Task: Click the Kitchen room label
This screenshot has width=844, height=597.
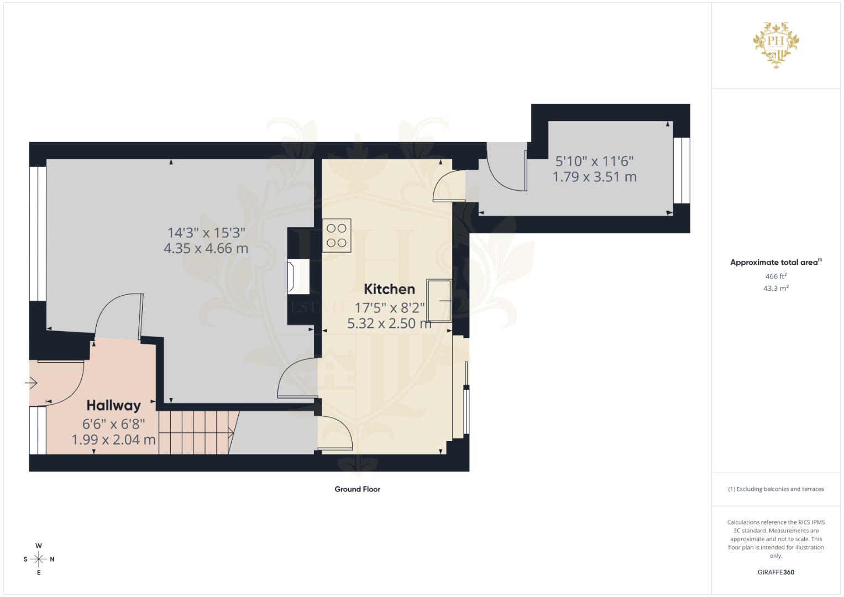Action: click(x=389, y=289)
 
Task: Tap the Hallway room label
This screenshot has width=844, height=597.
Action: click(x=113, y=406)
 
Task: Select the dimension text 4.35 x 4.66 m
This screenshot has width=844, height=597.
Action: click(x=206, y=248)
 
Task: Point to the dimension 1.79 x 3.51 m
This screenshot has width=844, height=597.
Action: click(x=595, y=177)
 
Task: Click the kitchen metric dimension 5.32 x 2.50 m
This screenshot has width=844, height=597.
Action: click(x=389, y=323)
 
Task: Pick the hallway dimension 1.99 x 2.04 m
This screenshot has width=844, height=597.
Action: click(x=113, y=439)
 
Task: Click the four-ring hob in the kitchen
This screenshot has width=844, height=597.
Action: click(x=337, y=235)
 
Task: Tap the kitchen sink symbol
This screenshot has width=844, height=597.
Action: click(x=439, y=300)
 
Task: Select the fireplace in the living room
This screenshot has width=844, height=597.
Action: click(x=298, y=277)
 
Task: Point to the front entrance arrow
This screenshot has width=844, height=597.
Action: click(x=31, y=383)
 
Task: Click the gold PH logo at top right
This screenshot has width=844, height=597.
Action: click(x=776, y=45)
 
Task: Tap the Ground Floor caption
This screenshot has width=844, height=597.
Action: click(x=357, y=489)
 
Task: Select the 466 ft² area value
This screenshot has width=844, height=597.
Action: click(x=776, y=276)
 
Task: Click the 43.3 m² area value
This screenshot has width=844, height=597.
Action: click(x=776, y=289)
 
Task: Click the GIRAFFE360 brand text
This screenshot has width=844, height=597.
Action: click(x=776, y=572)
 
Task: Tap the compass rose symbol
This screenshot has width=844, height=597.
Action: click(x=39, y=559)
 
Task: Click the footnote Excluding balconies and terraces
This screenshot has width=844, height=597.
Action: click(x=776, y=489)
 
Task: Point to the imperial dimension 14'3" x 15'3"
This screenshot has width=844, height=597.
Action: click(x=206, y=233)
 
